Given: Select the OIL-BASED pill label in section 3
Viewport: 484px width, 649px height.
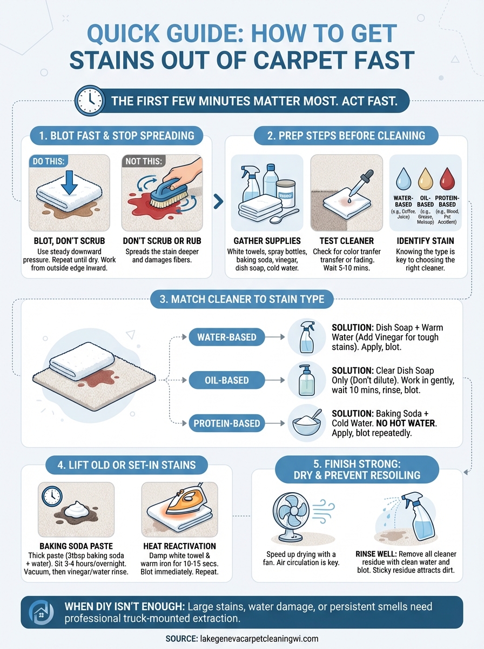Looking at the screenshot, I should pyautogui.click(x=226, y=380).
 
